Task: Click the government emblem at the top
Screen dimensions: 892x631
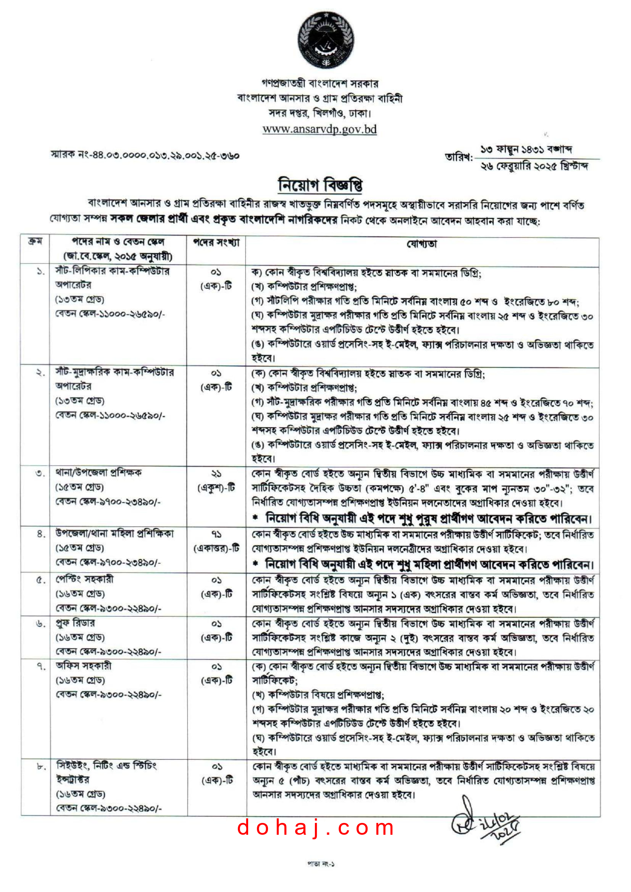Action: [326, 40]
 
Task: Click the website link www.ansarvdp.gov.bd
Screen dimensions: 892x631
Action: [320, 129]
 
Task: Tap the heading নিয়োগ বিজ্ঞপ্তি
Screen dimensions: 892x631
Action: [320, 185]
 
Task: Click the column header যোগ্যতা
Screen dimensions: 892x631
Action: [421, 244]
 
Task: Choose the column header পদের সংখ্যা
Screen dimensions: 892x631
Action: [216, 243]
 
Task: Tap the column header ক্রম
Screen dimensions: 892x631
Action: [35, 242]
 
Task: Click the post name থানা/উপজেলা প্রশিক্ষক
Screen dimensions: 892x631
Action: [98, 473]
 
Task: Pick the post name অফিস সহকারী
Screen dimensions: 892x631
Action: [84, 666]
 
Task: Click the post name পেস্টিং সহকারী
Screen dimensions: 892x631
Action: [84, 579]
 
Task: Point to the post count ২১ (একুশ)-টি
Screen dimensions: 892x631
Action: [216, 481]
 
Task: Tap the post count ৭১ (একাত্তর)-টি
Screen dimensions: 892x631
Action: [216, 542]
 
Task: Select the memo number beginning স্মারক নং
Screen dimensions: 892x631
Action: [145, 155]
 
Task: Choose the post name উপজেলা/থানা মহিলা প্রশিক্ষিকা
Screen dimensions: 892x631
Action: [114, 534]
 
